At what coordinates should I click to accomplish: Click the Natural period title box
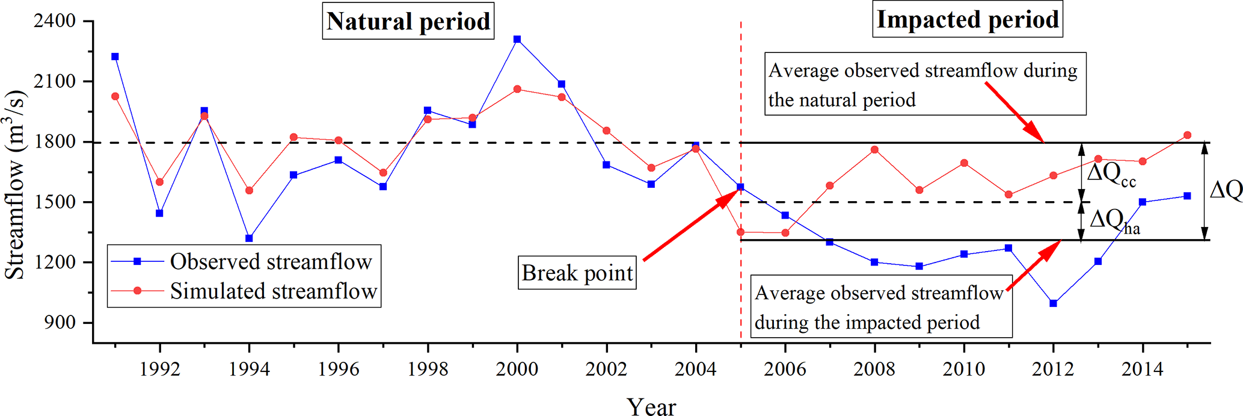[408, 22]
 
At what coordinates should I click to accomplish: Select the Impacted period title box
[967, 20]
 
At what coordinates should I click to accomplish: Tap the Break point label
[577, 273]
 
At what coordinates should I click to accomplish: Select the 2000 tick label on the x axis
[517, 368]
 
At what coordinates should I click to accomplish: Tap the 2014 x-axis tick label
[1143, 368]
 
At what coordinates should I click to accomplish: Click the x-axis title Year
[651, 406]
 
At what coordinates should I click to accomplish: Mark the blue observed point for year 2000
[517, 39]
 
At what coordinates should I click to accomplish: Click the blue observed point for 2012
[1054, 303]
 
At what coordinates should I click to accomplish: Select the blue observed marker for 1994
[249, 238]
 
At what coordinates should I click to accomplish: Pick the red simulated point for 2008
[875, 150]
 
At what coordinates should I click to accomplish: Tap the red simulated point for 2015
[1187, 135]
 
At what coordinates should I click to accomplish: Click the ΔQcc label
[1112, 175]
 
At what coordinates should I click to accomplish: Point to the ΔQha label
[1114, 220]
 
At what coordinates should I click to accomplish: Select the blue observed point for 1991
[115, 57]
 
